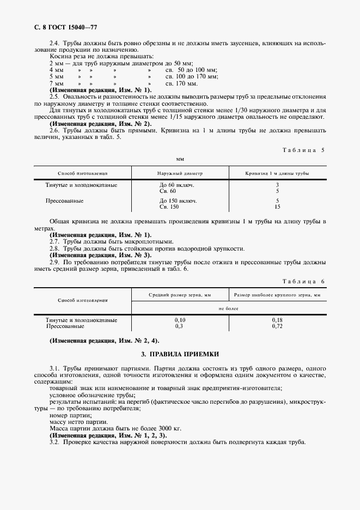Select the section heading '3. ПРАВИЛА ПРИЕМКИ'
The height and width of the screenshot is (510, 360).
click(x=180, y=355)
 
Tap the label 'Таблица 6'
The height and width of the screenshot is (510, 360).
click(x=303, y=281)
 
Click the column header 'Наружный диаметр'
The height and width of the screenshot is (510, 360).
click(x=180, y=173)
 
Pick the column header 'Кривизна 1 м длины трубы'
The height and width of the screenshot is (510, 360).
click(x=277, y=173)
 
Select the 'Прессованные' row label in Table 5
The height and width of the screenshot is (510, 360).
click(x=65, y=201)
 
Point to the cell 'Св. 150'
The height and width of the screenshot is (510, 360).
click(x=168, y=207)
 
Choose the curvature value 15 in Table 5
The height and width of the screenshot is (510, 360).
click(x=278, y=207)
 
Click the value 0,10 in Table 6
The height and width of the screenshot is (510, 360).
click(x=180, y=320)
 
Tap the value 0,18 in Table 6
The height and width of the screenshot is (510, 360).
click(x=277, y=320)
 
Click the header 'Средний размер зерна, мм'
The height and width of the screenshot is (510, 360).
click(x=180, y=295)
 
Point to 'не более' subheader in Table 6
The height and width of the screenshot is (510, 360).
click(x=229, y=308)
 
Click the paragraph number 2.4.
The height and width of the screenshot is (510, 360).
click(x=54, y=42)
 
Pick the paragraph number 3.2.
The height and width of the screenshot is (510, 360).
click(x=54, y=441)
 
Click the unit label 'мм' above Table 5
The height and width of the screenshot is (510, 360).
click(x=180, y=160)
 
